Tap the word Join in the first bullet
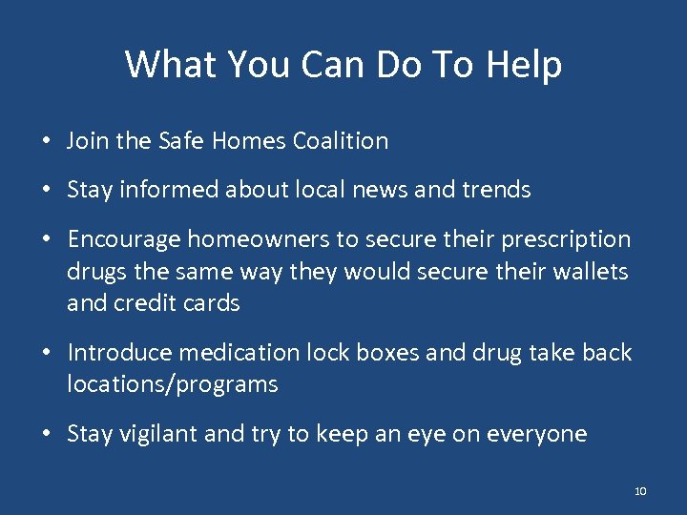pos(89,141)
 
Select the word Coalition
pos(341,141)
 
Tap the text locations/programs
pos(172,385)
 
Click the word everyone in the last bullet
pos(536,434)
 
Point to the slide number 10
pos(639,491)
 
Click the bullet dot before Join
pos(46,142)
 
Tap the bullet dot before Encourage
pos(46,240)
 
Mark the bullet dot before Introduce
pos(46,354)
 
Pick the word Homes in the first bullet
pos(250,141)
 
